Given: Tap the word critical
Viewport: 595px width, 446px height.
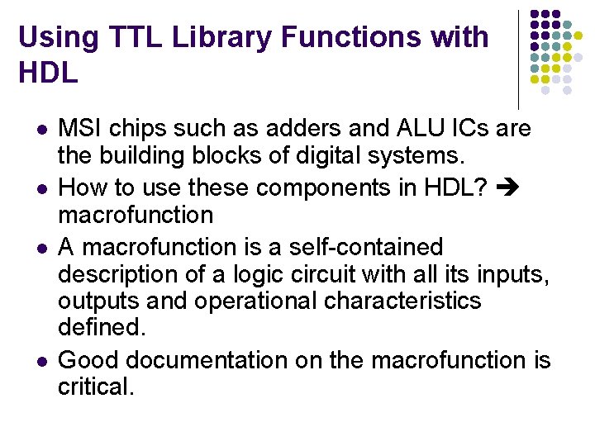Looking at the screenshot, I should coord(95,387).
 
